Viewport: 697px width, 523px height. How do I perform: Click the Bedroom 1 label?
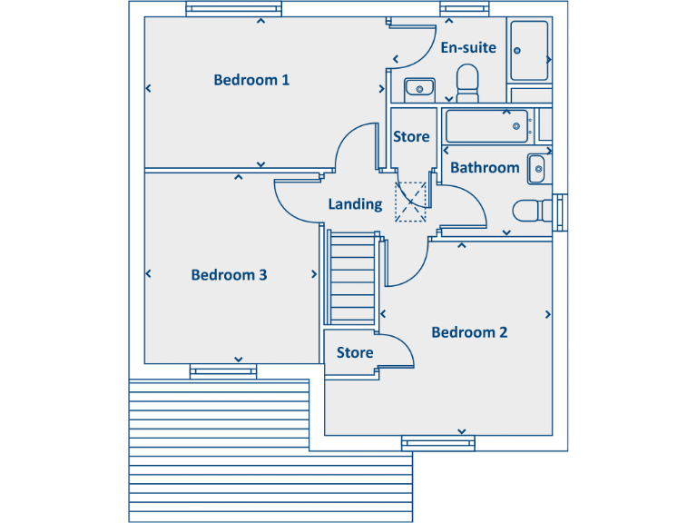tap(251, 80)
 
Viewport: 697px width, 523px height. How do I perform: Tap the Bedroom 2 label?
tap(469, 332)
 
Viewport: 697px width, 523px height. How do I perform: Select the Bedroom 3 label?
tap(229, 275)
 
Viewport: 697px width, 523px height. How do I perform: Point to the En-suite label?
tap(468, 47)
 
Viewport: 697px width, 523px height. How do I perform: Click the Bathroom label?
tap(485, 167)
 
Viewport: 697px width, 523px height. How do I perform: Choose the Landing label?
tap(355, 204)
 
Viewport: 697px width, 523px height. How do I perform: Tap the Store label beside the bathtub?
tap(411, 137)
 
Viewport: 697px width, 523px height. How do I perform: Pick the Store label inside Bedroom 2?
tap(355, 352)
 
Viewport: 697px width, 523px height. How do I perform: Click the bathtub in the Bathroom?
tap(487, 126)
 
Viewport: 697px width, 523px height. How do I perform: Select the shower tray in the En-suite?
tap(529, 51)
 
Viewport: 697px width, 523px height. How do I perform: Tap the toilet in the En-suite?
tap(468, 83)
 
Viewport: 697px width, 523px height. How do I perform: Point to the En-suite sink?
tap(418, 88)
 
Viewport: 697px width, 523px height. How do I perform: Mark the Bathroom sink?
tap(537, 168)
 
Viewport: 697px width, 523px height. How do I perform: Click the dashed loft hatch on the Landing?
tap(411, 202)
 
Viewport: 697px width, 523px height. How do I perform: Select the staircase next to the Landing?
tap(352, 279)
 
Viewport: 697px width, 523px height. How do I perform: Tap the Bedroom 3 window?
tap(222, 370)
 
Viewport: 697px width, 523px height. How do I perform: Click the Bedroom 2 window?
tap(438, 443)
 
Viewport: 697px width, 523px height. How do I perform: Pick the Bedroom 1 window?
tap(222, 10)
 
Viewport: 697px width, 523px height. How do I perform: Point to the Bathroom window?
tap(559, 212)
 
